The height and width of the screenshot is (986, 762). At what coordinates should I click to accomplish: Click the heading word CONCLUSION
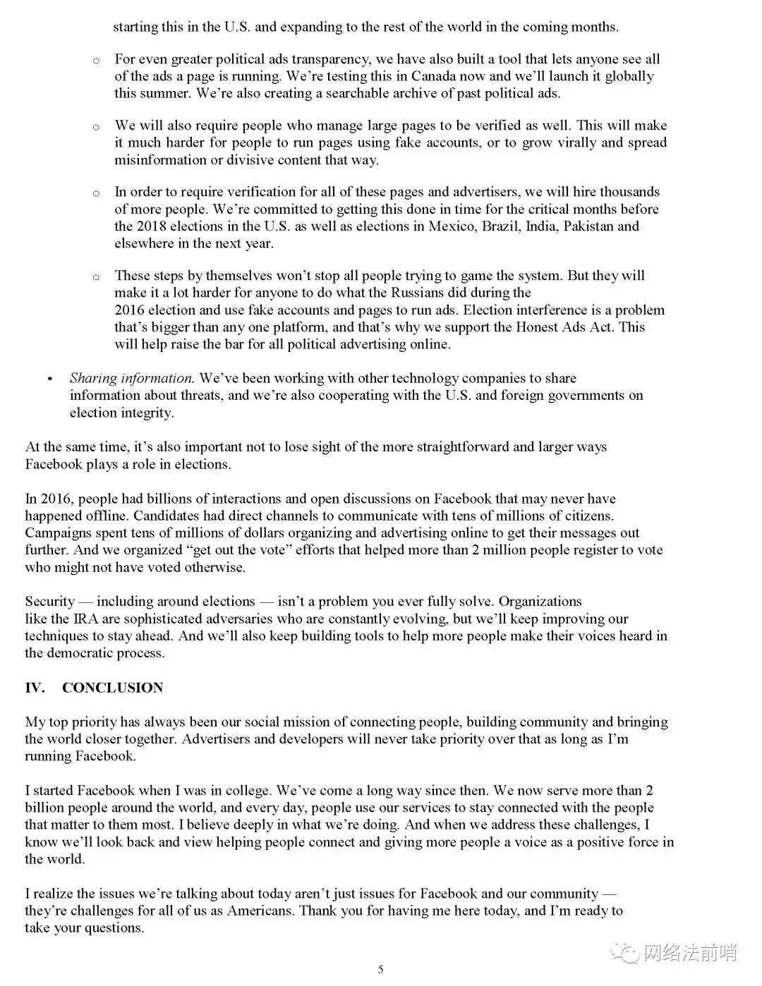pos(112,688)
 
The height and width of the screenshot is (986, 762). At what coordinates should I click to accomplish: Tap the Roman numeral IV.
pos(35,688)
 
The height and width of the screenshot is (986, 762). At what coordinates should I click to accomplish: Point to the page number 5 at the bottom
pos(381,969)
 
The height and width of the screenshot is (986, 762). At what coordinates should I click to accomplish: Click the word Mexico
pos(452,226)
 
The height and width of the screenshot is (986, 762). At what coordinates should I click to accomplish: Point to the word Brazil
pos(501,226)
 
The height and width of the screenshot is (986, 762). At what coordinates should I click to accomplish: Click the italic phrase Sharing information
pos(131,379)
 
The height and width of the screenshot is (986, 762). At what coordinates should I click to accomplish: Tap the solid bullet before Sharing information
pos(49,379)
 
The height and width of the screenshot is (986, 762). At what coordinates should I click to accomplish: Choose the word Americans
pos(260,911)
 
